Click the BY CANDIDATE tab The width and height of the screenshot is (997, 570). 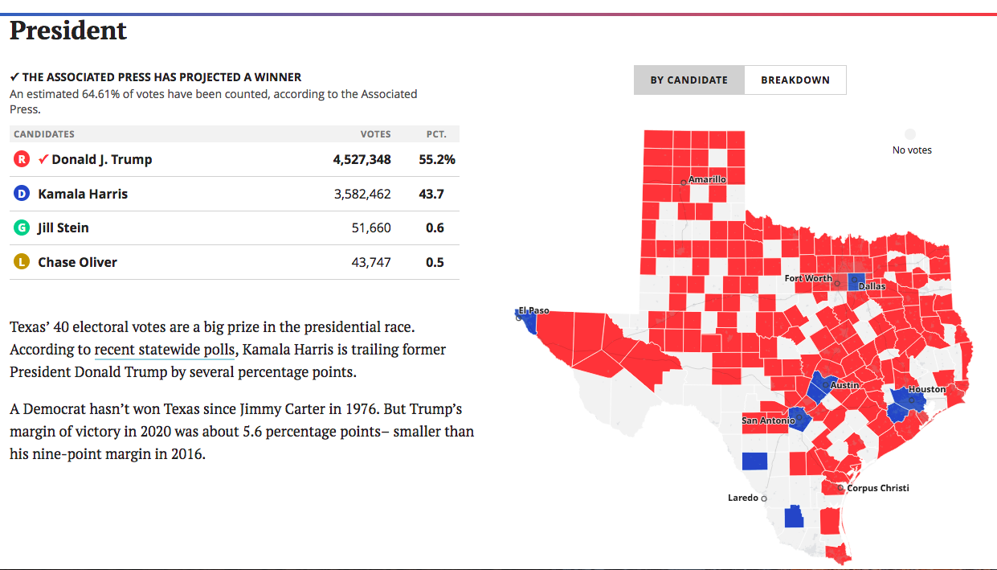coord(689,80)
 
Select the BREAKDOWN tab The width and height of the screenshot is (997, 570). coord(795,80)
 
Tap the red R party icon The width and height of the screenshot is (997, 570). coord(22,159)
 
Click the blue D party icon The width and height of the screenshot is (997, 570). coord(22,194)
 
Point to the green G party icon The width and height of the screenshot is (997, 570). coord(22,228)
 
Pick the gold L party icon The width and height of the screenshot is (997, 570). coord(22,262)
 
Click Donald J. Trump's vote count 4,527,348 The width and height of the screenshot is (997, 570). coord(362,159)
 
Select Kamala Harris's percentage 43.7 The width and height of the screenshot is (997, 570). coord(435,194)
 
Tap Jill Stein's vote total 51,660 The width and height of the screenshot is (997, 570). coord(371,228)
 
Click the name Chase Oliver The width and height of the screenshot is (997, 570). coord(77,262)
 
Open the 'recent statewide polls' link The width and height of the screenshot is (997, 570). coord(165,350)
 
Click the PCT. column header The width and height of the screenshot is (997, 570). coord(436,134)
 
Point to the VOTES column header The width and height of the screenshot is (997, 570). coord(375,134)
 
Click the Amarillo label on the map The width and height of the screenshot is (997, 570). coord(707,179)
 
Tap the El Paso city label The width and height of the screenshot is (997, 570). coord(533,310)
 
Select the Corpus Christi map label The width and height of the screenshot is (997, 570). coord(878,488)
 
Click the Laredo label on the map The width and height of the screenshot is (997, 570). coord(742,498)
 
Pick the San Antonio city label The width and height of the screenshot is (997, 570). coord(767,420)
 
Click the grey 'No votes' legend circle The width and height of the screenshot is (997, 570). coord(910,134)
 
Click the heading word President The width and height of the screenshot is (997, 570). coord(68,31)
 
